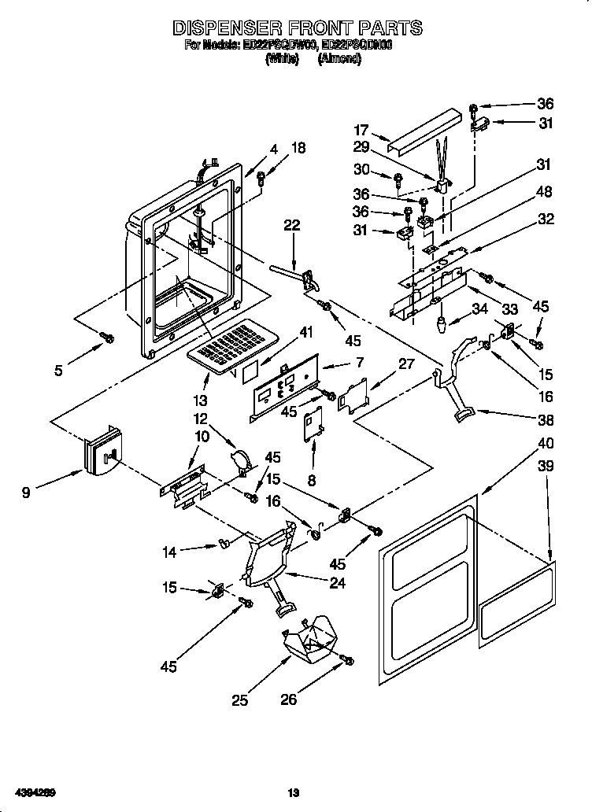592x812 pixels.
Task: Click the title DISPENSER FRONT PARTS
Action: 297,28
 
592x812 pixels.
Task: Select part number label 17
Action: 361,131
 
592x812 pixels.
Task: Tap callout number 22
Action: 292,225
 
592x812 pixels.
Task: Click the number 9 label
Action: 27,493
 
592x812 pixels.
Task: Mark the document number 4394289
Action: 32,791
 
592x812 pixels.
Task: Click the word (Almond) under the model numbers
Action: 339,59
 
